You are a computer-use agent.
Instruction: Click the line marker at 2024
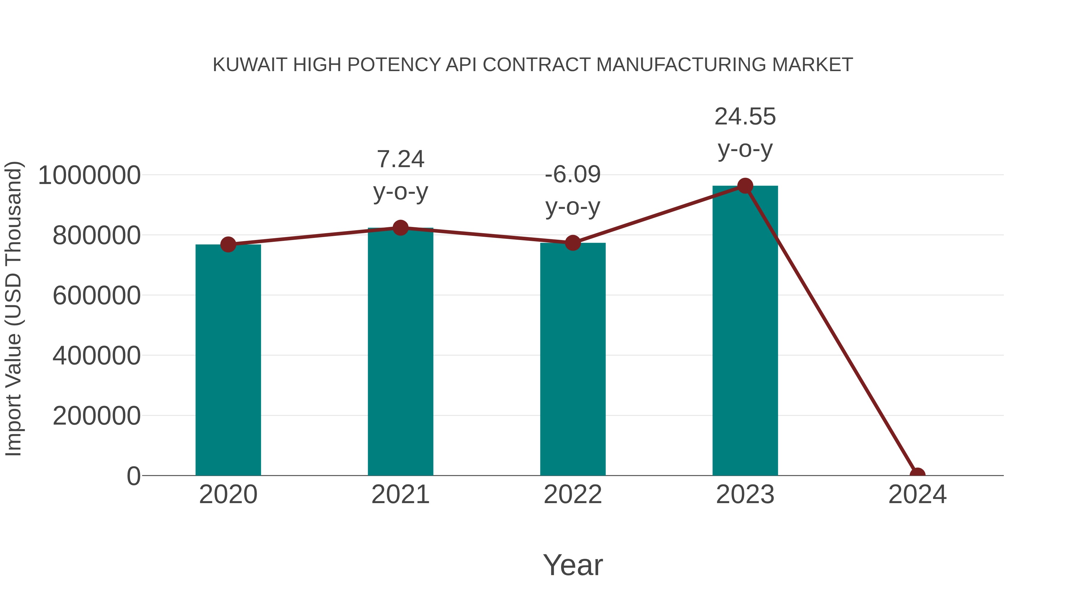917,475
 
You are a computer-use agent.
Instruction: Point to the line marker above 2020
228,244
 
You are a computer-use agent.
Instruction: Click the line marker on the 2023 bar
745,186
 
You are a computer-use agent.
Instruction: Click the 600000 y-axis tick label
97,296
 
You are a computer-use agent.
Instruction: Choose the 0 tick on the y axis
134,476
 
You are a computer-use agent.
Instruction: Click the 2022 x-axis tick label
573,495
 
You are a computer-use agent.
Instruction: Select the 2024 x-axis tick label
917,495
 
